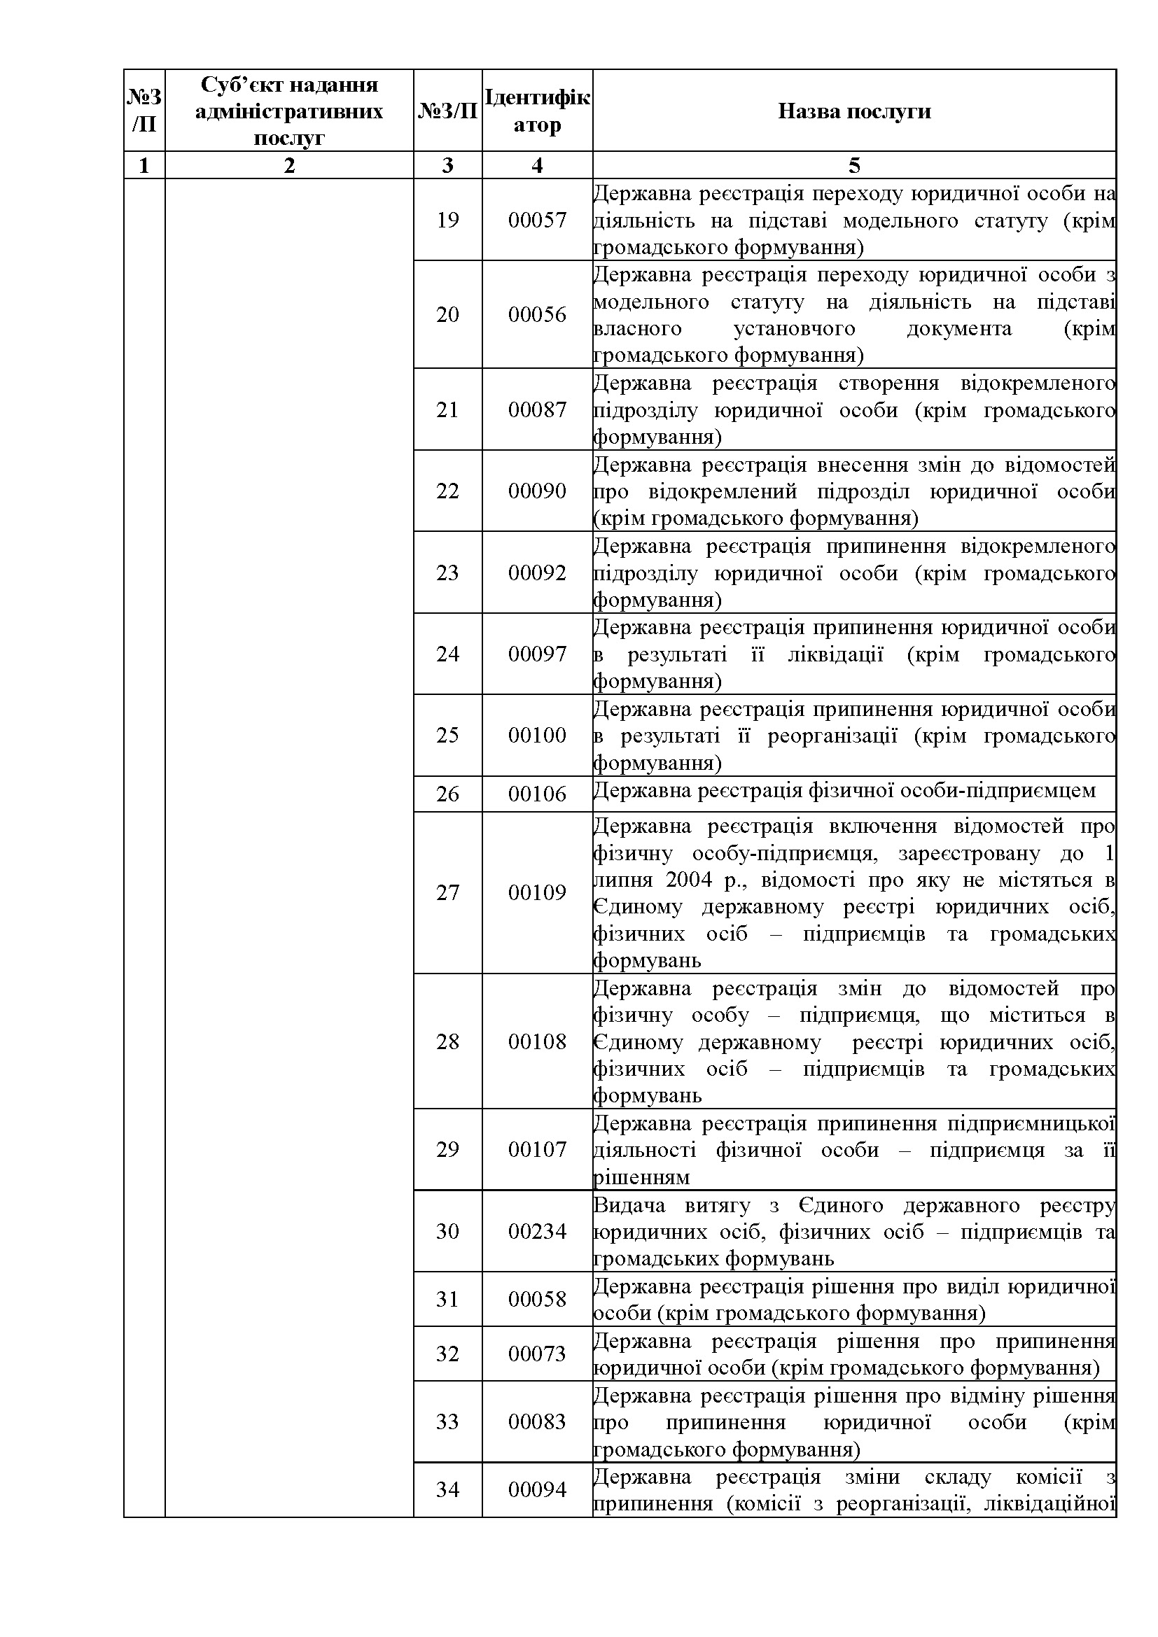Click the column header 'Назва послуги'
pyautogui.click(x=853, y=111)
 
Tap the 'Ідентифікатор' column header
pyautogui.click(x=537, y=111)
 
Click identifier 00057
pyautogui.click(x=537, y=220)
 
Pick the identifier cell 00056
pyautogui.click(x=537, y=314)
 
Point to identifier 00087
pyautogui.click(x=537, y=409)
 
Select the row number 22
pyautogui.click(x=447, y=491)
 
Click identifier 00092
pyautogui.click(x=537, y=572)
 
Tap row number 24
pyautogui.click(x=447, y=654)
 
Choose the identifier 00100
pyautogui.click(x=537, y=735)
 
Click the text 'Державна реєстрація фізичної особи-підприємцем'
pyautogui.click(x=844, y=791)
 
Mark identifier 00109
pyautogui.click(x=537, y=892)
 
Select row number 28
pyautogui.click(x=447, y=1041)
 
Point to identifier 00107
pyautogui.click(x=537, y=1149)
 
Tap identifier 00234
pyautogui.click(x=537, y=1231)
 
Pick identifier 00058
pyautogui.click(x=537, y=1299)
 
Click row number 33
pyautogui.click(x=447, y=1421)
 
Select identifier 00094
pyautogui.click(x=537, y=1489)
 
